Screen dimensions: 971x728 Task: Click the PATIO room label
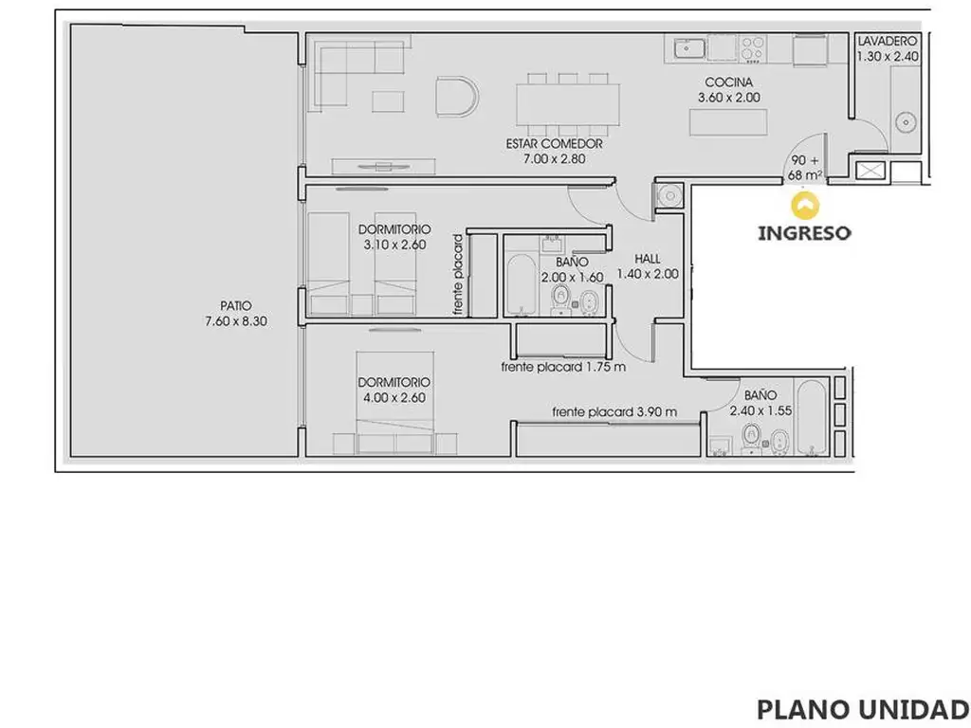coord(236,306)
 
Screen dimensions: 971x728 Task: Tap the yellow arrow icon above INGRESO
coord(805,206)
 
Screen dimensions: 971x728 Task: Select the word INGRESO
coord(804,233)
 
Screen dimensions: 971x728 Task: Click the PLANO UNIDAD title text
coord(863,709)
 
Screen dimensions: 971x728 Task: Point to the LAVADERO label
coord(887,41)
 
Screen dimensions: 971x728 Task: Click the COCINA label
coord(729,82)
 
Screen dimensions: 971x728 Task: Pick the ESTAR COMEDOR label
coord(554,144)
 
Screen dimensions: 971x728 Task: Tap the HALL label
coord(647,259)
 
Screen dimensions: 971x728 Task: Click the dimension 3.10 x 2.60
coord(394,245)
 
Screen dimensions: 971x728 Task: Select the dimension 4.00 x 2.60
coord(394,398)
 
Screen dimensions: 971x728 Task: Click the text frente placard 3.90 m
coord(614,411)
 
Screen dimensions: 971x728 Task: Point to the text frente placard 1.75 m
coord(563,367)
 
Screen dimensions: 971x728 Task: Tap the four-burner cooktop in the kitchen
coord(753,48)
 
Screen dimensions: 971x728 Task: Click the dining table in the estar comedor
coord(568,104)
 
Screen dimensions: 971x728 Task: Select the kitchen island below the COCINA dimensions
coord(728,122)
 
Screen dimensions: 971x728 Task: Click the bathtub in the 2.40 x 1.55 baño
coord(812,418)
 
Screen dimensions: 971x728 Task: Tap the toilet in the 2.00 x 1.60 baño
coord(561,299)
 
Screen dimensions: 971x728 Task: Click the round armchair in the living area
coord(457,97)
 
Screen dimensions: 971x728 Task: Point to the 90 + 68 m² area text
coord(805,168)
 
